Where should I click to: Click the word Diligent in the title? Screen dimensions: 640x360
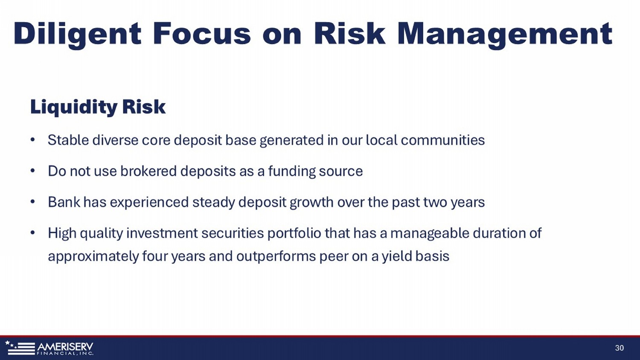tap(77, 34)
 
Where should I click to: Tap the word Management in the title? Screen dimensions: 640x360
tap(505, 34)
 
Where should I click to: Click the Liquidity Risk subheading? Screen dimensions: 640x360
tap(98, 107)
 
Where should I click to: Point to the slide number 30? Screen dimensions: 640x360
tap(620, 348)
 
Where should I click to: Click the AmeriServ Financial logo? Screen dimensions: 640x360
tap(49, 348)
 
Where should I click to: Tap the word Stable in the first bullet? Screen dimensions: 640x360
tap(68, 140)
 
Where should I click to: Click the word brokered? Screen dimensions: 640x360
tap(148, 171)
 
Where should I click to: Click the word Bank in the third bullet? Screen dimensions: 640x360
tap(64, 202)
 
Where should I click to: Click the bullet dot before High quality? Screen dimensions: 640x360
tap(32, 233)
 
